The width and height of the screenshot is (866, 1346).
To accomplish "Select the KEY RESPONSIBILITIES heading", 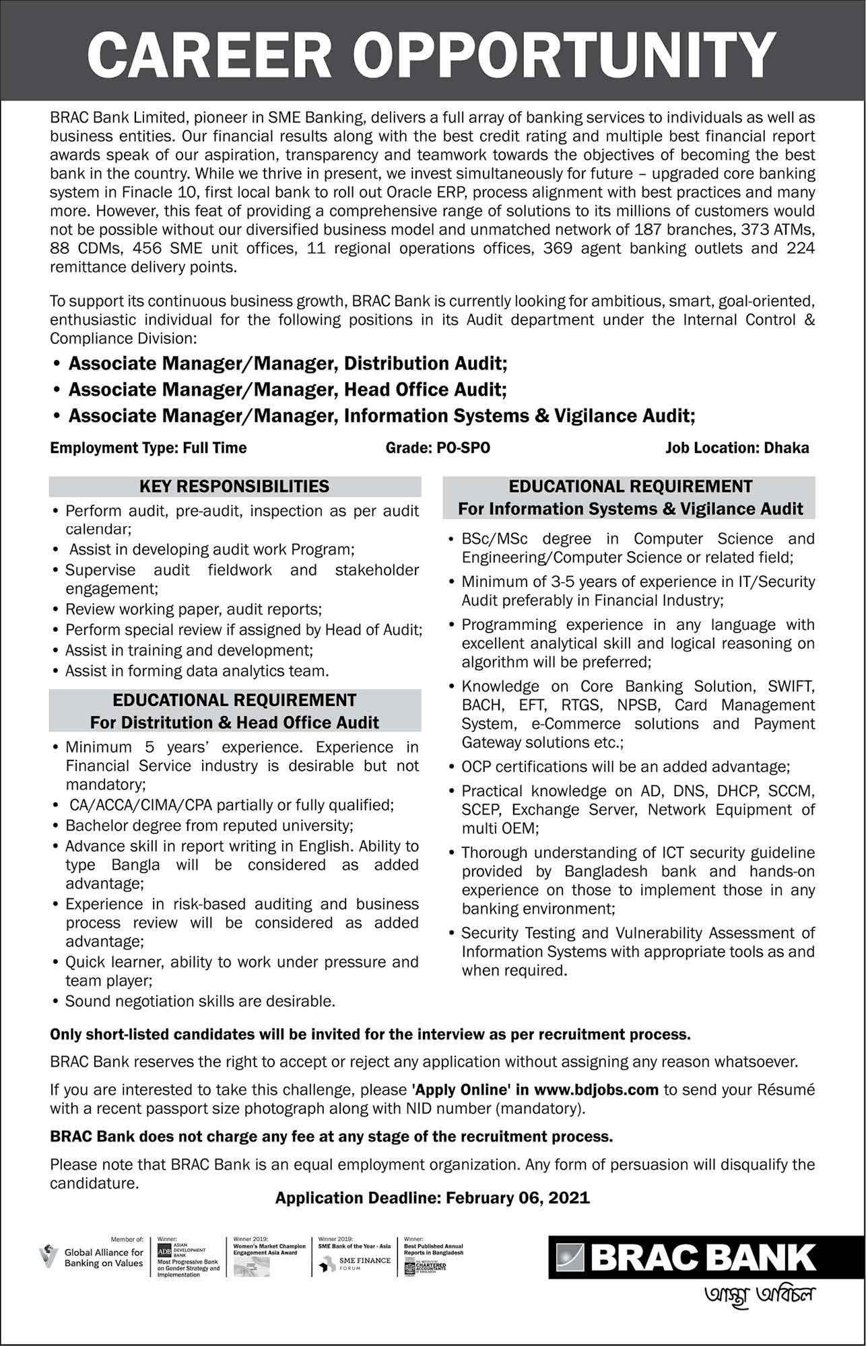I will point(234,486).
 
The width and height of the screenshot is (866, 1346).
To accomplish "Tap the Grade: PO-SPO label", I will point(438,448).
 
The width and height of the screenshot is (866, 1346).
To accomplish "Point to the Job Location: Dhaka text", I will point(737,448).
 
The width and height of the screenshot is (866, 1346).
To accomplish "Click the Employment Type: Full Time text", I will point(148,448).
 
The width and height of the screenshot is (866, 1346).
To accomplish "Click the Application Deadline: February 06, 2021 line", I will point(432,1198).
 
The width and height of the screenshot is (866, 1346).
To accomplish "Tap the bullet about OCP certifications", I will point(626,767).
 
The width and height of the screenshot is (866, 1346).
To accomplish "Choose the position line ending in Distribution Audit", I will point(288,364).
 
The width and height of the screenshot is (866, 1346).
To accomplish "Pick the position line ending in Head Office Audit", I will point(288,390).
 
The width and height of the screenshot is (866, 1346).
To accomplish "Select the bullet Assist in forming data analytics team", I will point(197,671).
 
